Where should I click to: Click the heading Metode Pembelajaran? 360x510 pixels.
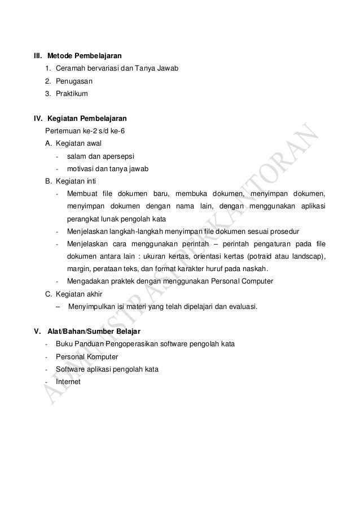point(85,56)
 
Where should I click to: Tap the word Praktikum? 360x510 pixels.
point(72,93)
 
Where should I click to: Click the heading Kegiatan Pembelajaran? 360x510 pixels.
point(87,119)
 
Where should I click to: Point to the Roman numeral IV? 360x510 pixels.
point(39,119)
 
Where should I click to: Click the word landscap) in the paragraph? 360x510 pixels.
point(309,256)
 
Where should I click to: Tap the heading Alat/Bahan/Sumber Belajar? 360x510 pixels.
point(94,330)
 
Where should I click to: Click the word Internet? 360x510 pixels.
point(68,381)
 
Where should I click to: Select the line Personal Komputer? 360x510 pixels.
point(87,357)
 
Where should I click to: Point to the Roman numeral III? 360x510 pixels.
point(38,56)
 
